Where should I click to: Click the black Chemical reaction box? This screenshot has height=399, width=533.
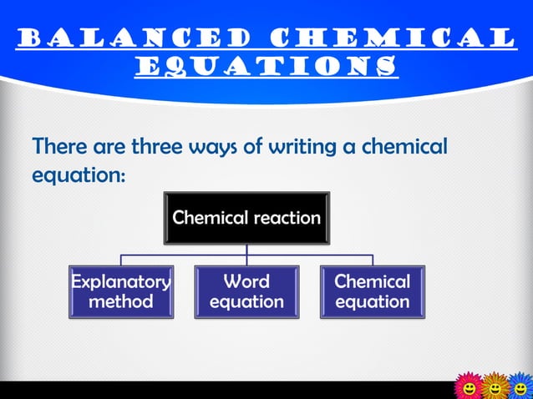point(246,218)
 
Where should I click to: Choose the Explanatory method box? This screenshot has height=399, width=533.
point(121,291)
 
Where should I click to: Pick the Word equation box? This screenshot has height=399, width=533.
point(246,291)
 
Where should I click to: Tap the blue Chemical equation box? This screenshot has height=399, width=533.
point(373,291)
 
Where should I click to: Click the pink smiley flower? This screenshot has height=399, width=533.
point(469,386)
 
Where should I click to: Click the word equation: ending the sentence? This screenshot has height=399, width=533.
point(79,177)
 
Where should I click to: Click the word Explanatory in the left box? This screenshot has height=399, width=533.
point(121,281)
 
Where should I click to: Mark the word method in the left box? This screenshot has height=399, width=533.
point(121,301)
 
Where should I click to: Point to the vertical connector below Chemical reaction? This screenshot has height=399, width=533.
point(246,250)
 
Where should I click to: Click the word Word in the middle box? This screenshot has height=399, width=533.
point(246,281)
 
